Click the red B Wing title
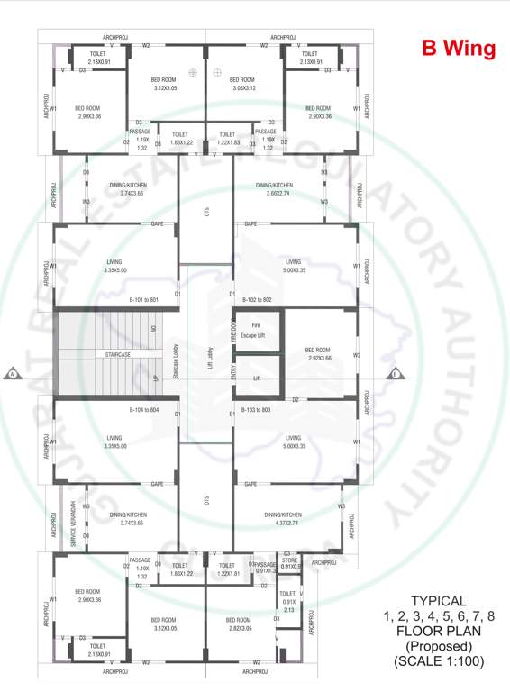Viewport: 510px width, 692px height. [459, 49]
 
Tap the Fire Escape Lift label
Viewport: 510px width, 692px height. [257, 330]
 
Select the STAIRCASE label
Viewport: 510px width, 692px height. [117, 355]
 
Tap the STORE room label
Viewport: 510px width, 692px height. [289, 562]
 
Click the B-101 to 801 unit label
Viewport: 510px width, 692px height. [143, 299]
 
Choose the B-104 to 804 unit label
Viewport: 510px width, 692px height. [143, 410]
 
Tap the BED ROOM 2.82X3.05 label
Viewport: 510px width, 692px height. [238, 624]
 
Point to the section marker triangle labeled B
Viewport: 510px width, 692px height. [394, 373]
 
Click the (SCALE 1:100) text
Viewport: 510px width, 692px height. [439, 661]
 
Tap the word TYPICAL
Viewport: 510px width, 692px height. [439, 601]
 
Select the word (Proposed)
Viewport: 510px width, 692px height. [439, 646]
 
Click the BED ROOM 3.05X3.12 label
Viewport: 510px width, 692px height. [243, 84]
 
